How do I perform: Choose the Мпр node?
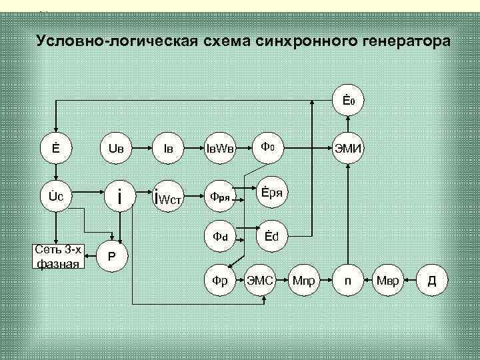point(305,281)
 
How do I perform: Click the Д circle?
point(431,281)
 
